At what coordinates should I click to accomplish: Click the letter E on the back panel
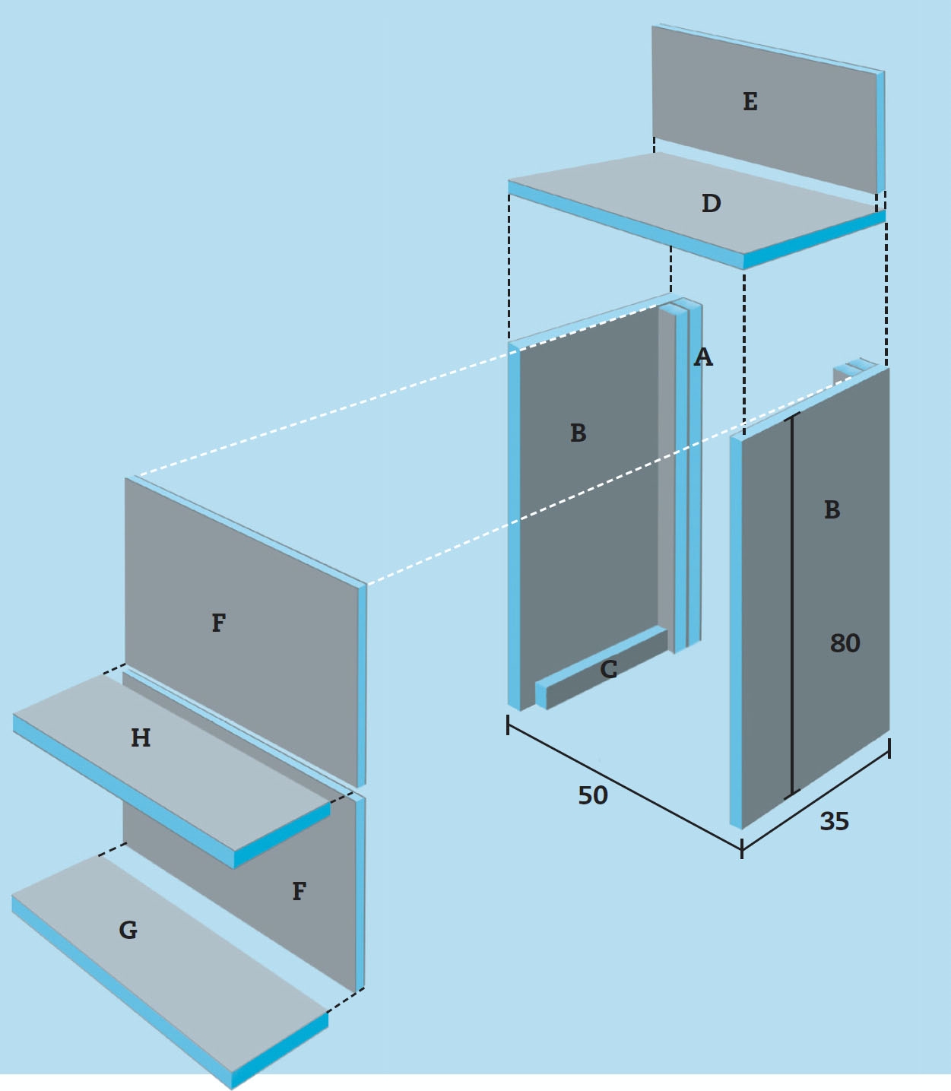click(750, 101)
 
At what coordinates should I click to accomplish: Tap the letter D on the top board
click(711, 203)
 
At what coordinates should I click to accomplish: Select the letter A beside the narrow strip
click(703, 357)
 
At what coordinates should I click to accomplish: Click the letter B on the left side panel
click(579, 433)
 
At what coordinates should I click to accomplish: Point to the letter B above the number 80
click(832, 509)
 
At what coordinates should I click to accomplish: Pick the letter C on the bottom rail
click(608, 669)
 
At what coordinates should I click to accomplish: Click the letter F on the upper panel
click(219, 622)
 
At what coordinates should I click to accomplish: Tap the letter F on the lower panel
click(299, 891)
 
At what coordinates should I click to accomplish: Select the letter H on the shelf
click(141, 738)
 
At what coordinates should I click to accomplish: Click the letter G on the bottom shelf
click(128, 931)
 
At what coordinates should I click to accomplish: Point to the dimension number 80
click(845, 643)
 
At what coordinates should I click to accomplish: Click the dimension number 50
click(593, 795)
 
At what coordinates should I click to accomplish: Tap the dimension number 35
click(834, 822)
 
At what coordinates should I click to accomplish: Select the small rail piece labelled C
click(601, 668)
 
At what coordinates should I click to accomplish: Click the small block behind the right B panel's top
click(852, 370)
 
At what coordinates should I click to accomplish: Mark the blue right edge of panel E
click(880, 133)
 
